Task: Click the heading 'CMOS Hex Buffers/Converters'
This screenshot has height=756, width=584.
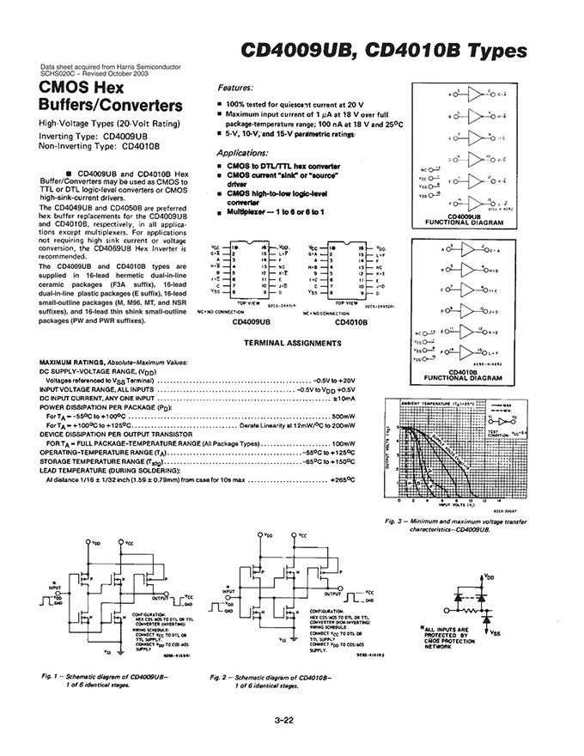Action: pyautogui.click(x=111, y=98)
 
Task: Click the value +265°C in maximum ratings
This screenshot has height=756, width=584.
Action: pyautogui.click(x=343, y=480)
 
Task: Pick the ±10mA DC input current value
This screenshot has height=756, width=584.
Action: pyautogui.click(x=344, y=399)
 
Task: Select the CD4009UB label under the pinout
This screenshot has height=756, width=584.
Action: pyautogui.click(x=252, y=323)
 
